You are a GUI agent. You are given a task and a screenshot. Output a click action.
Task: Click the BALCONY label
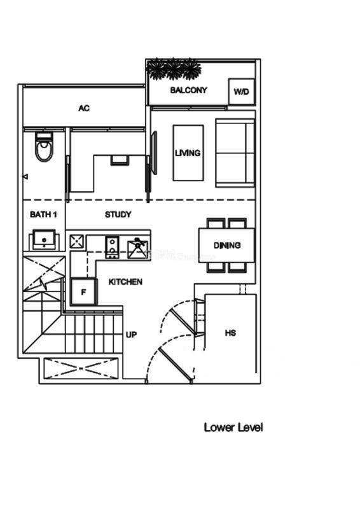point(189,90)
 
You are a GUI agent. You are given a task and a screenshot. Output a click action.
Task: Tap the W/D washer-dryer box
point(241,92)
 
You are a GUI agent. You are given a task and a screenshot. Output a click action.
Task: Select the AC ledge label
point(84,108)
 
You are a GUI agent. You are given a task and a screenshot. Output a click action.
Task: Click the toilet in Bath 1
point(44,147)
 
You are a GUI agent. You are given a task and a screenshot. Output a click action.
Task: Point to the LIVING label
point(188,153)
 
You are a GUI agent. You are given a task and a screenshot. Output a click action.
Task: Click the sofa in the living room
point(235,153)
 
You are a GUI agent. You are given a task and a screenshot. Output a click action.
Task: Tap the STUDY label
point(118,214)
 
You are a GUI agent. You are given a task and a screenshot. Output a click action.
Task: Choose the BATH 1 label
point(43,214)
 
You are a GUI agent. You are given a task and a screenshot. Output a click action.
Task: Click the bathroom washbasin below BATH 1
point(44,240)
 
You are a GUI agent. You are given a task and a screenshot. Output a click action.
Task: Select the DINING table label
point(227,245)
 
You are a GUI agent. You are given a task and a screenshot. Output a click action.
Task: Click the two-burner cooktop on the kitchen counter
point(112,248)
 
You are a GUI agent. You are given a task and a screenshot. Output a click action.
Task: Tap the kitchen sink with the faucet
point(138,249)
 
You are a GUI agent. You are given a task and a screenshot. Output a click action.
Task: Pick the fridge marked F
point(84,292)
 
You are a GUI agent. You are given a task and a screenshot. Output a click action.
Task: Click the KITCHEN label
point(125,282)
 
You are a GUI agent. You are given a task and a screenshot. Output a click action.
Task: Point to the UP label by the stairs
point(131,335)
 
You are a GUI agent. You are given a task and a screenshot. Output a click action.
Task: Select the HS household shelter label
point(230,333)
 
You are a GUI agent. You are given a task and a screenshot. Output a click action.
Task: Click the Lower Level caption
point(233,427)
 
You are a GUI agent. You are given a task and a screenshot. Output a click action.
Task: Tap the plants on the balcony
point(174,69)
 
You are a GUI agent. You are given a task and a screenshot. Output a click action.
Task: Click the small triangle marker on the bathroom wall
point(25,177)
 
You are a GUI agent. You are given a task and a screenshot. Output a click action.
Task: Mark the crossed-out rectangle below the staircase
point(81,368)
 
